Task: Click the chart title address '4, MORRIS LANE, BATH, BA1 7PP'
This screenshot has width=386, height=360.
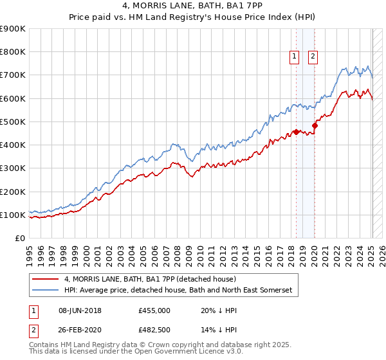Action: click(192, 6)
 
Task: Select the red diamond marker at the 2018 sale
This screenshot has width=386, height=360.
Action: click(296, 132)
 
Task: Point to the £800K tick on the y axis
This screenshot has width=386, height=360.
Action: click(13, 52)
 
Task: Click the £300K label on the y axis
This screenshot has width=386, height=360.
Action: click(13, 168)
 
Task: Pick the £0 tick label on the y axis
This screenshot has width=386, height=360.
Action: click(19, 239)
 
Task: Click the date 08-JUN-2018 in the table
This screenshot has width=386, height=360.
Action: click(80, 310)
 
